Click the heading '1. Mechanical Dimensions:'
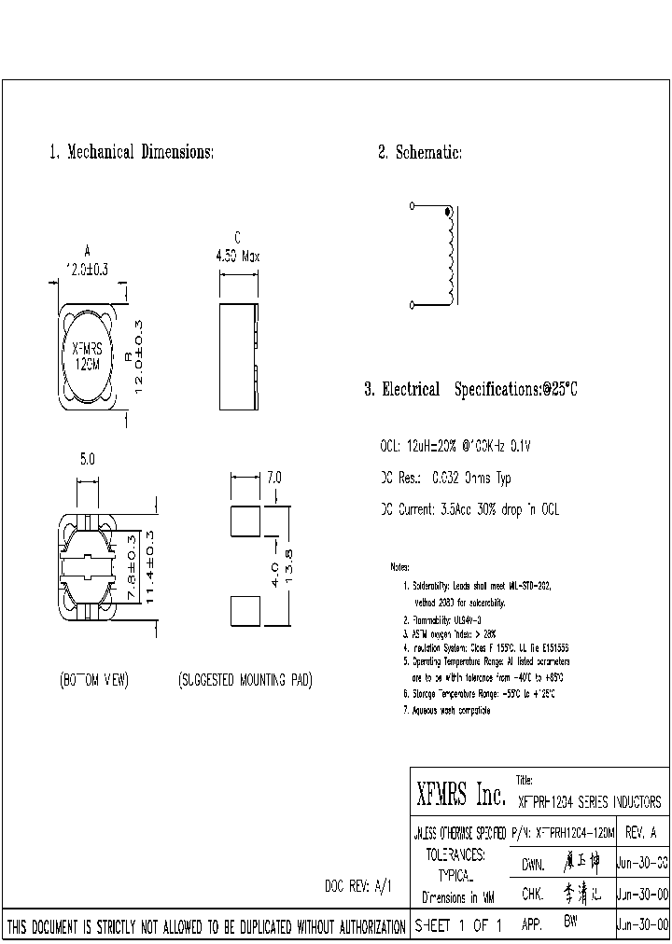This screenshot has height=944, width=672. pyautogui.click(x=132, y=152)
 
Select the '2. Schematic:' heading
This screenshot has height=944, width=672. pyautogui.click(x=419, y=152)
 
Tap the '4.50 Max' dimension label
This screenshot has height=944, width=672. pyautogui.click(x=237, y=256)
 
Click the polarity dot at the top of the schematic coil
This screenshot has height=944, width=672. pyautogui.click(x=447, y=213)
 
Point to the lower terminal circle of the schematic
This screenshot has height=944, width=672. pyautogui.click(x=413, y=304)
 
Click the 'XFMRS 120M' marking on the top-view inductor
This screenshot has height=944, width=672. pyautogui.click(x=89, y=356)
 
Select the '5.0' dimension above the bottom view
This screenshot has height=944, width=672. pyautogui.click(x=87, y=459)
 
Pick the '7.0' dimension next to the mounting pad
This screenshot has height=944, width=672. pyautogui.click(x=273, y=478)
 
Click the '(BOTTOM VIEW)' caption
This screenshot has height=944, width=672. pyautogui.click(x=92, y=680)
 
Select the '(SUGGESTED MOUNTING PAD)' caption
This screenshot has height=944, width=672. pyautogui.click(x=245, y=680)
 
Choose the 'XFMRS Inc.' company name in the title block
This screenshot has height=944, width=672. pyautogui.click(x=459, y=796)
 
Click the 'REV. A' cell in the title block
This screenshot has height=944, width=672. pyautogui.click(x=640, y=831)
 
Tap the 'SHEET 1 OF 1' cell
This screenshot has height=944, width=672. pyautogui.click(x=458, y=926)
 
